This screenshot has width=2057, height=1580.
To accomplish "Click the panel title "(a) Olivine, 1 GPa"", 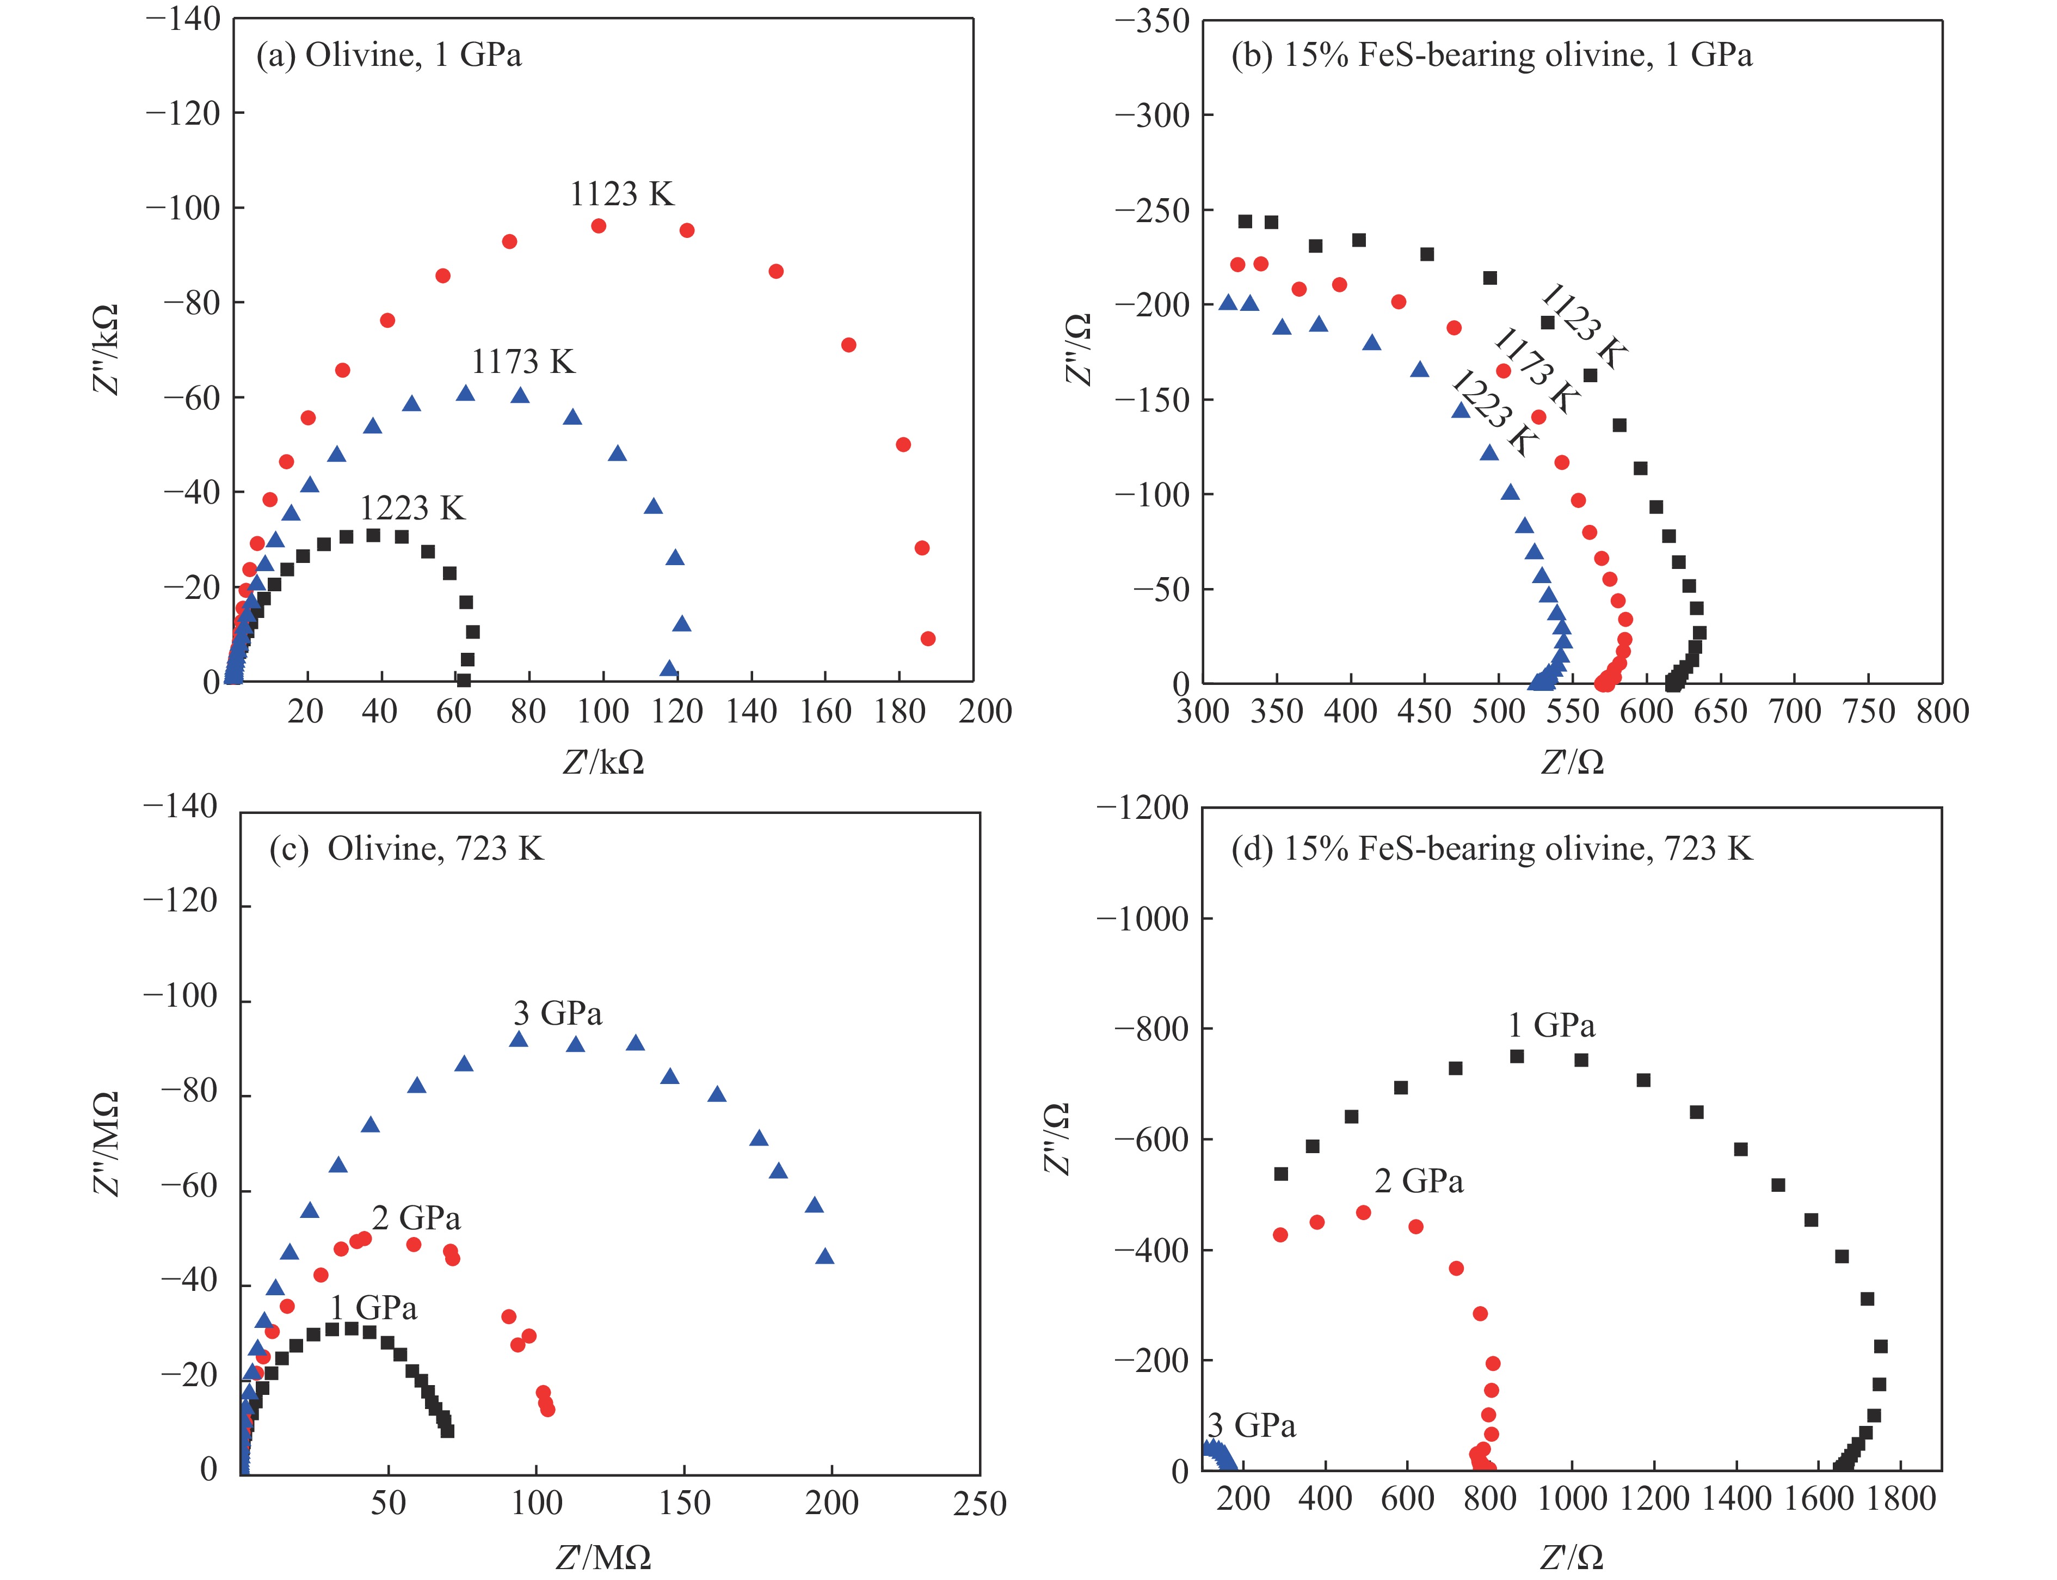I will [389, 56].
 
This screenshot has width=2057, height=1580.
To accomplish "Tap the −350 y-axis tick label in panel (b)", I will [1151, 21].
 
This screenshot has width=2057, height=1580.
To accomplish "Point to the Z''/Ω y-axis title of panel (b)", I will [1079, 350].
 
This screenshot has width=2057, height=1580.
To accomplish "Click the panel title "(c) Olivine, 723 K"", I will [406, 849].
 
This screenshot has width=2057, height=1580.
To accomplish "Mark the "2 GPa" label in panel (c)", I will [416, 1219].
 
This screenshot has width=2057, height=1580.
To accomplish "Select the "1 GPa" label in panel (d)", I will [1551, 1025].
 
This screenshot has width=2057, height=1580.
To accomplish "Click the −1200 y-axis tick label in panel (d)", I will [1142, 808].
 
